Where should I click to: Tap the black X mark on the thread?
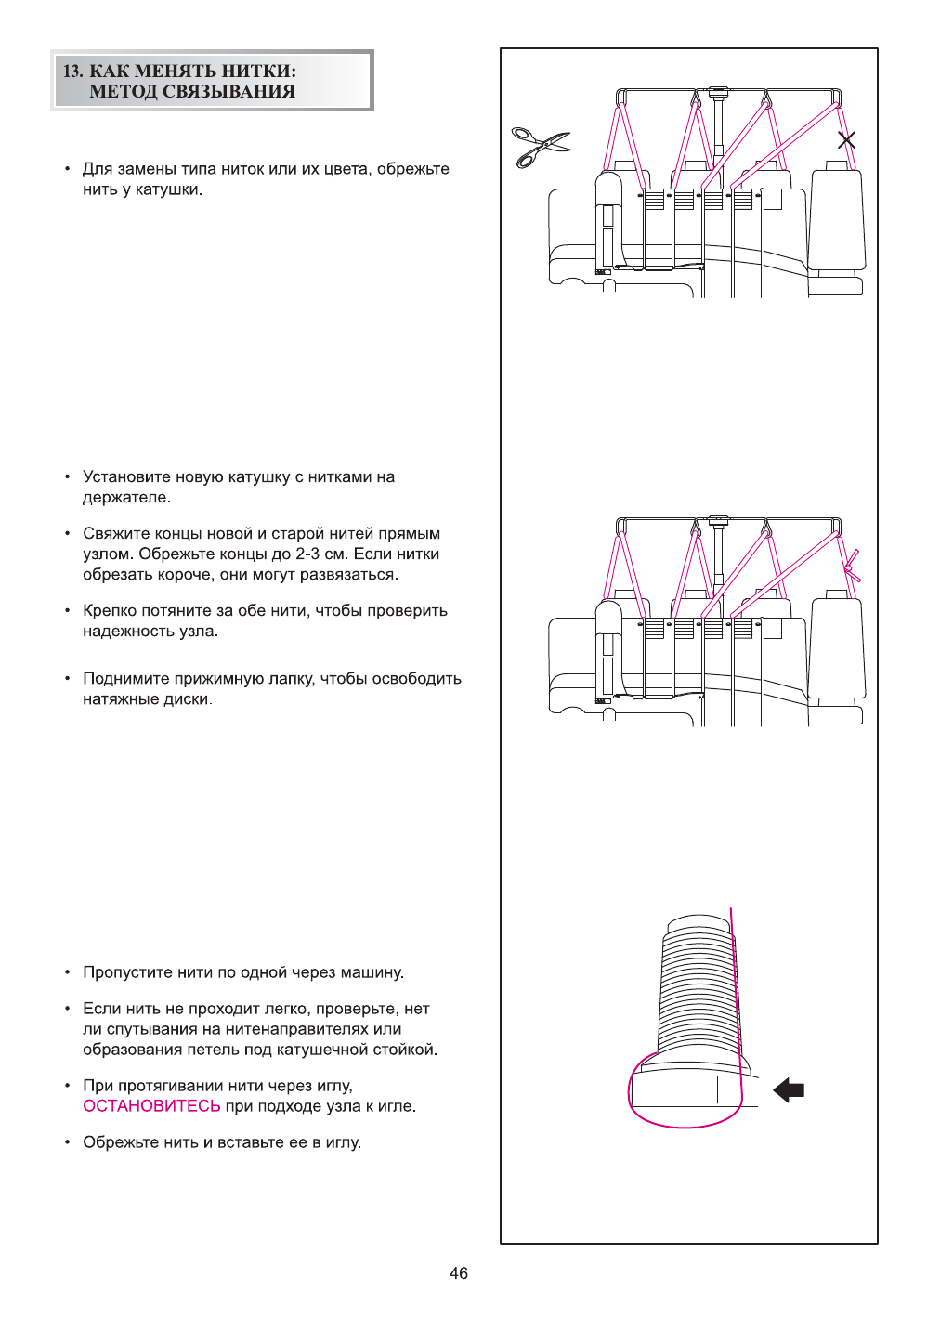(846, 140)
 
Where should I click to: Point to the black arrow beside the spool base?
(789, 1089)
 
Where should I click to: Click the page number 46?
(459, 1273)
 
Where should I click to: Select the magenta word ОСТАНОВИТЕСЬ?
(151, 1106)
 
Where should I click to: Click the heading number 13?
(72, 72)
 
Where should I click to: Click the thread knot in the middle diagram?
(850, 566)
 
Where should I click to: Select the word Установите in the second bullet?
(126, 477)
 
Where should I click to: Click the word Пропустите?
(128, 972)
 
